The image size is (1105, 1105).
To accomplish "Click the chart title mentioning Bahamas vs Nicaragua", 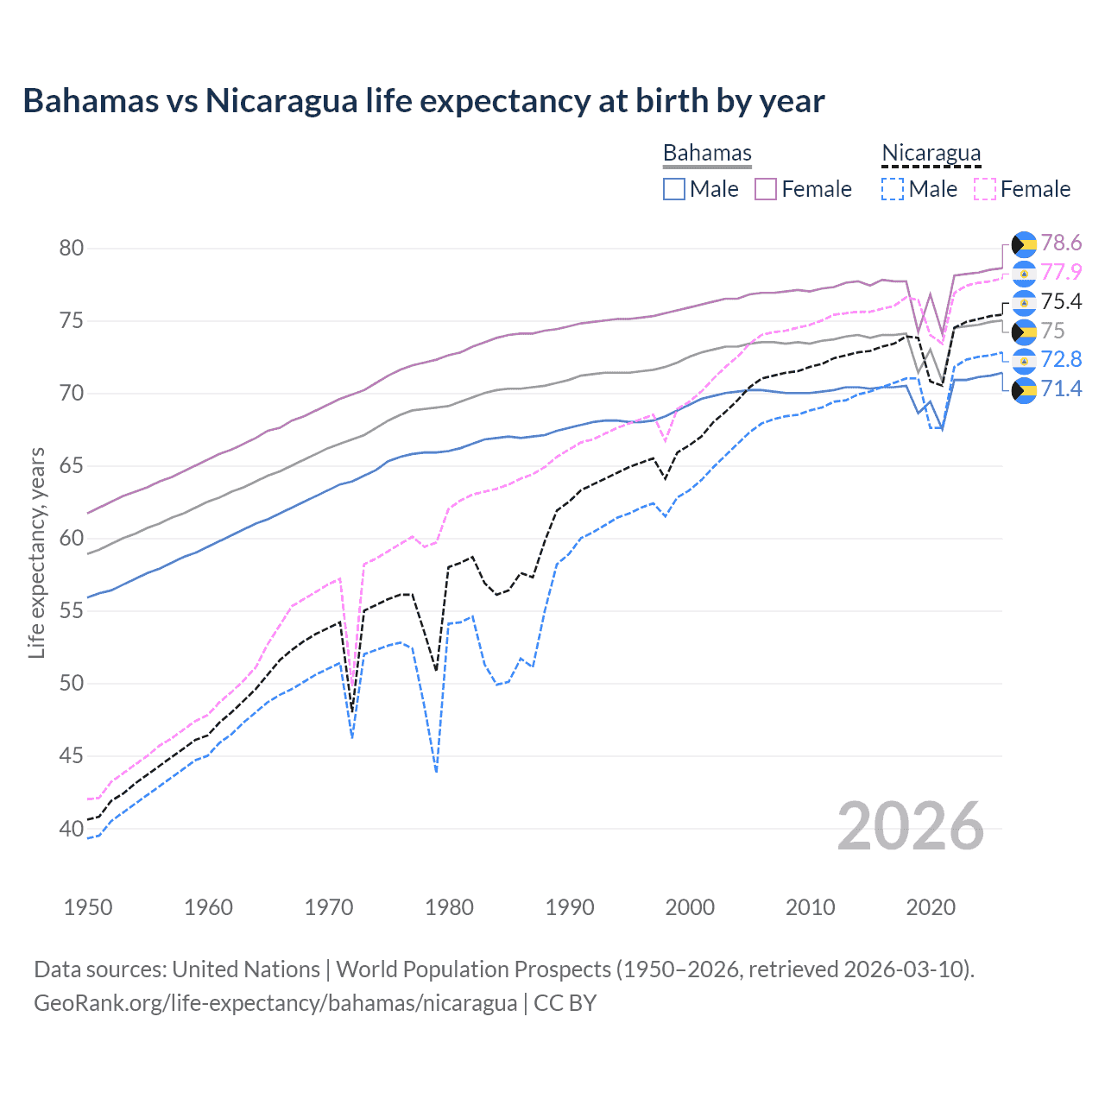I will (x=423, y=101).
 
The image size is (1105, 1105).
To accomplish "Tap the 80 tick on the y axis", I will (x=72, y=249).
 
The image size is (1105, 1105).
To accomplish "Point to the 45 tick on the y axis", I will (x=72, y=756).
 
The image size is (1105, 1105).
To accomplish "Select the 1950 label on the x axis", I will (x=88, y=907).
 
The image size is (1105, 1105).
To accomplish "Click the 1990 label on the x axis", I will (x=570, y=907).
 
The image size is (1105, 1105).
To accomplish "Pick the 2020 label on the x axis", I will (x=931, y=907).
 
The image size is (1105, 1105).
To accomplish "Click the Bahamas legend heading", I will (x=707, y=154).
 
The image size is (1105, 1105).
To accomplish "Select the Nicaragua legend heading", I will (x=931, y=154).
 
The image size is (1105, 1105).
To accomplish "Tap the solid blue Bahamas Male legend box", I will (x=674, y=189).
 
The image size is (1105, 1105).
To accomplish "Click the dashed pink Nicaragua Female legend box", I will (x=985, y=189).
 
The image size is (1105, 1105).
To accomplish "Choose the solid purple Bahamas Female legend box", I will (x=766, y=189).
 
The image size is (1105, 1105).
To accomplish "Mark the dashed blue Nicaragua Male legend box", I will (x=893, y=189).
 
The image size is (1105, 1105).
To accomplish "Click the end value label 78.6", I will (x=1061, y=243).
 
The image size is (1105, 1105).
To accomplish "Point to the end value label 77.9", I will (x=1061, y=273).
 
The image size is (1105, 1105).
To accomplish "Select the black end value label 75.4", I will (x=1061, y=302).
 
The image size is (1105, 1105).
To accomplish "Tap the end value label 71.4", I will (x=1061, y=389).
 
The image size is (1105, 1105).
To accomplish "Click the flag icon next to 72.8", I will (x=1024, y=360).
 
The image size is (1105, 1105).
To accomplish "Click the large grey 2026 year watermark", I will (x=910, y=827).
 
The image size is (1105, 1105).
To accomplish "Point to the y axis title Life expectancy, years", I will (x=36, y=552).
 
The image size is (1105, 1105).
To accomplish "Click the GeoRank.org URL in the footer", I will (x=275, y=1003).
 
